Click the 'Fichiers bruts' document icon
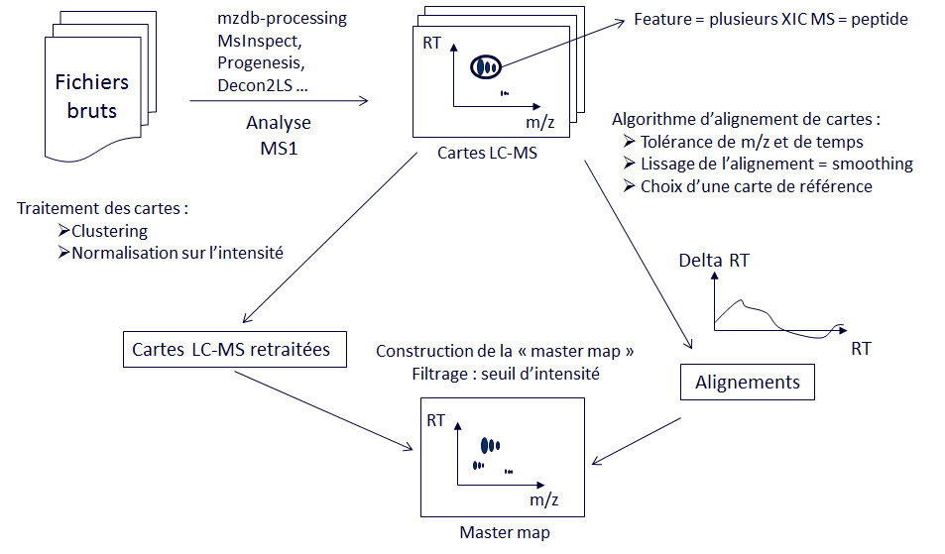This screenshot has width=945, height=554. pyautogui.click(x=91, y=97)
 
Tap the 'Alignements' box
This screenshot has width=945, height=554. pyautogui.click(x=747, y=383)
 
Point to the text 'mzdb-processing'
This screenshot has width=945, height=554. pyautogui.click(x=282, y=20)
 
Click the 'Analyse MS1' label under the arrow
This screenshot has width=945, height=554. pyautogui.click(x=279, y=134)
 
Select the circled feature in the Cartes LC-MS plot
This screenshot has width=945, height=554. pyautogui.click(x=485, y=66)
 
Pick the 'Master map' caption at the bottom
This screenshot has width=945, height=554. pyautogui.click(x=505, y=533)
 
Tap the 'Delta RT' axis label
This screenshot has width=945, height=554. pyautogui.click(x=714, y=262)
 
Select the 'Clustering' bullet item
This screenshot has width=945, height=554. pyautogui.click(x=109, y=231)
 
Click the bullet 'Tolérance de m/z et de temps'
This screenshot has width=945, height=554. pyautogui.click(x=751, y=142)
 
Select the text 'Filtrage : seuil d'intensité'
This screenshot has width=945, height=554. pyautogui.click(x=505, y=374)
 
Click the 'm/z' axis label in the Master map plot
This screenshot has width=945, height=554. pyautogui.click(x=544, y=499)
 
